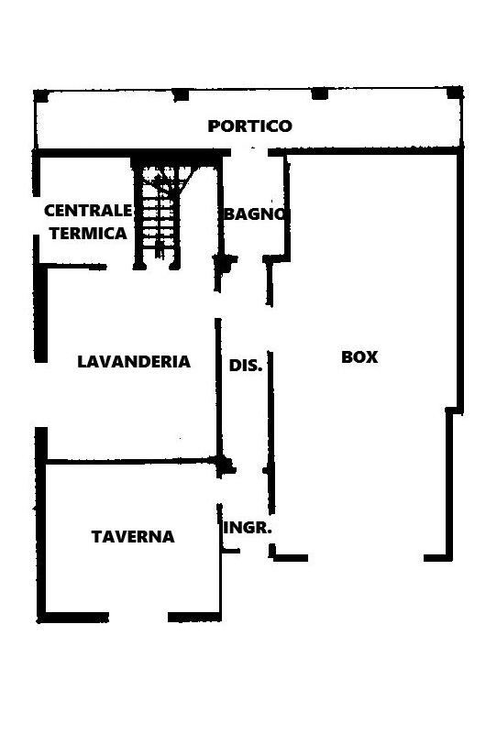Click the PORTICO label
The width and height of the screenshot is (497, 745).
(249, 126)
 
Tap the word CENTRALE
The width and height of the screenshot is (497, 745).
(88, 210)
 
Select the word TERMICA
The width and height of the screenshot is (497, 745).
(88, 234)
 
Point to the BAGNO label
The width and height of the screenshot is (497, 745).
(255, 214)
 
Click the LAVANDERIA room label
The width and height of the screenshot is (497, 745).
(134, 362)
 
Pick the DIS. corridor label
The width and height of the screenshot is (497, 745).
(246, 366)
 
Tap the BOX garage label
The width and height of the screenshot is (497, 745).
(359, 356)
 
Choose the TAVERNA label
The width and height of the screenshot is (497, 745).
(133, 537)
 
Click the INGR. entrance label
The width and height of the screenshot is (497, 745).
(248, 528)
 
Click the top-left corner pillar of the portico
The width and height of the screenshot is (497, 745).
(41, 96)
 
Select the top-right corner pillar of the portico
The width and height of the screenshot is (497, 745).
(455, 93)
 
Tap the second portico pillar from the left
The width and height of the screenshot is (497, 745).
(181, 95)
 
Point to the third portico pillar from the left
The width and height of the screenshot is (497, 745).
(320, 93)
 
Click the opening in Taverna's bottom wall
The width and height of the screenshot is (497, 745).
(138, 618)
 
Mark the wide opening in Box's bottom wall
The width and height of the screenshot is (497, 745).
(366, 558)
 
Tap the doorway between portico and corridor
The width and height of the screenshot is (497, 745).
(249, 152)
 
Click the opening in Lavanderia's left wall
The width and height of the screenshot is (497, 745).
(41, 394)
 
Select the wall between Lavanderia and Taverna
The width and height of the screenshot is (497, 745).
(131, 461)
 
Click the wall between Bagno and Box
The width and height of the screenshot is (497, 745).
(287, 207)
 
